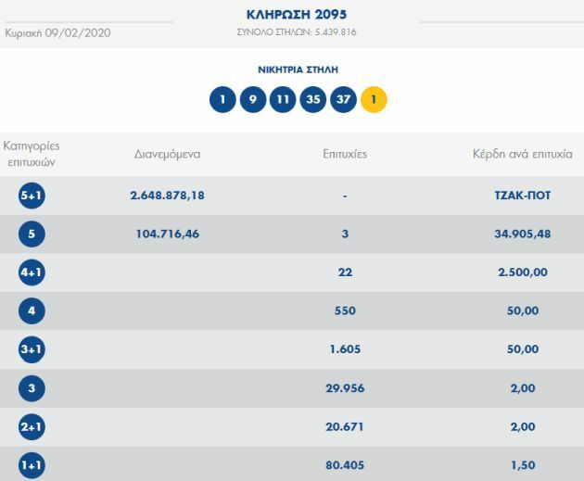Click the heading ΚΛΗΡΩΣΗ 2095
coord(297,14)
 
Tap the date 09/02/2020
coord(78,32)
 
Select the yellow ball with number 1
coord(373,99)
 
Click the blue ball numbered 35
coord(312,99)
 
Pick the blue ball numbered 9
coord(253,99)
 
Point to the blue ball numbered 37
coord(343,99)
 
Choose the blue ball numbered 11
coord(283,99)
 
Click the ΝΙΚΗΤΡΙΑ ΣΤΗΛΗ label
coord(298,70)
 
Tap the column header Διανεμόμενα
coord(168,155)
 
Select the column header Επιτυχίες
coord(344,155)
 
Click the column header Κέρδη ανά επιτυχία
coord(523,155)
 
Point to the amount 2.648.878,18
coord(168,196)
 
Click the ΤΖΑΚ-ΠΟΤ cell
coord(523,196)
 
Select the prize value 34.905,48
coord(523,234)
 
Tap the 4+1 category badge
coord(32,272)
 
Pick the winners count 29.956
coord(345,388)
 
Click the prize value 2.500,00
coord(523,272)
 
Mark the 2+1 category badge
coord(32,427)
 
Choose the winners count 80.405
coord(345,465)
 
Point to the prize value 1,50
coord(523,465)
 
